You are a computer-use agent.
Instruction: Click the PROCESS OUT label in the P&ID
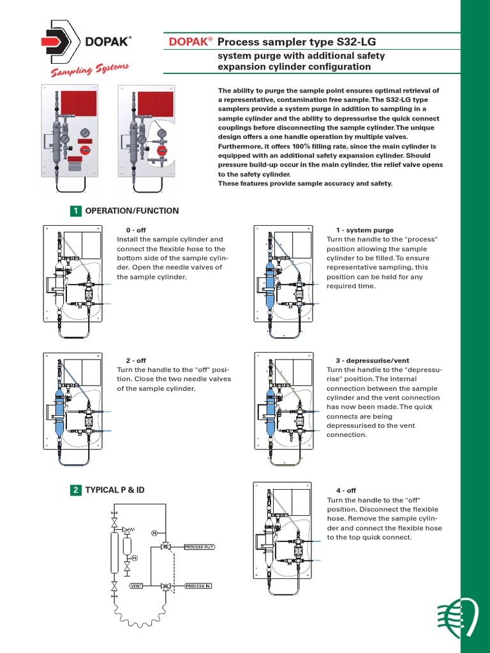point(199,547)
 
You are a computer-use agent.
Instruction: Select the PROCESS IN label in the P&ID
point(198,585)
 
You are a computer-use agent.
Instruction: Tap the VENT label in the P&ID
point(136,585)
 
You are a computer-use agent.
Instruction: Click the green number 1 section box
point(76,211)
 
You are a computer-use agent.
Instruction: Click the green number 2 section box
point(76,490)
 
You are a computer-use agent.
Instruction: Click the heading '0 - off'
point(136,230)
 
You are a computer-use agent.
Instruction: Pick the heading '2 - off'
point(136,360)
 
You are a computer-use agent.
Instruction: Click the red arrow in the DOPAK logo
point(51,42)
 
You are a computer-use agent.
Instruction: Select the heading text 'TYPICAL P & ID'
point(115,490)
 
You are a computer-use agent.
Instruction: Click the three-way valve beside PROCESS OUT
point(166,547)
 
